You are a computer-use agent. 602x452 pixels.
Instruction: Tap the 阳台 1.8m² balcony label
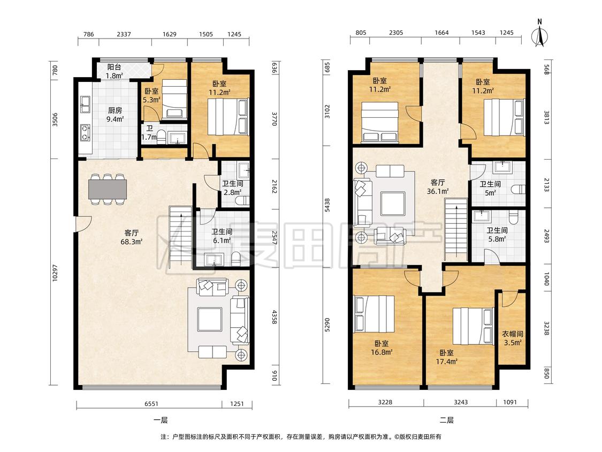coord(115,71)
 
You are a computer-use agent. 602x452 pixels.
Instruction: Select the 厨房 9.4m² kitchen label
coord(115,115)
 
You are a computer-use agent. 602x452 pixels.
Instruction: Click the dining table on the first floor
coord(108,189)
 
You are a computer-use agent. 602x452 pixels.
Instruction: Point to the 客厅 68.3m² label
coord(131,237)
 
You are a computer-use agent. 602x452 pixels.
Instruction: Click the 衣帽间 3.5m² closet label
coord(513,338)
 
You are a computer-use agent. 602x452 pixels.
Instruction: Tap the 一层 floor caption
coord(161,420)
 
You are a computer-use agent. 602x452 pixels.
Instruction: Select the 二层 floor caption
coord(446,420)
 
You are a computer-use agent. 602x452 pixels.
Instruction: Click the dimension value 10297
coord(55,273)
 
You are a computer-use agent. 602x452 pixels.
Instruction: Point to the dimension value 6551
coord(151,404)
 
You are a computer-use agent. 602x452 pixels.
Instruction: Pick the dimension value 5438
coord(327,205)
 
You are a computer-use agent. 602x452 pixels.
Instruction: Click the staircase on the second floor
coord(456,230)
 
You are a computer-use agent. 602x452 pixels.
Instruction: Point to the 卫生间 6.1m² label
coord(222,236)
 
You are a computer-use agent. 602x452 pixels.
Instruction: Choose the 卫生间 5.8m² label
coord(497,235)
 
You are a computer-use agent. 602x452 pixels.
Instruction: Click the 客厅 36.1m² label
coord(438,187)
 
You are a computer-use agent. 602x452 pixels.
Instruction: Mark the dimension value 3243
coord(461,402)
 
